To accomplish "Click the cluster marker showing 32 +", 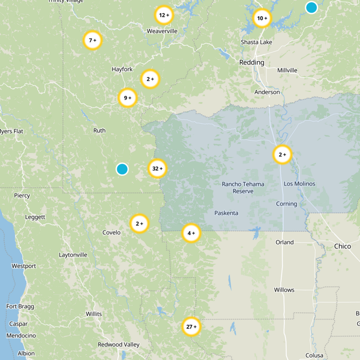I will point(157,169).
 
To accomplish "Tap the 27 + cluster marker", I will point(191,327).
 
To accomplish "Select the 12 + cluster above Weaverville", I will point(164,15).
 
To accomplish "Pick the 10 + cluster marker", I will point(262,18).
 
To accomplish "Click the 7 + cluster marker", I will point(93,40).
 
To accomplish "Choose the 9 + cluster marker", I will point(127,98).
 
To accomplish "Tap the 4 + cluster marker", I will point(191,233).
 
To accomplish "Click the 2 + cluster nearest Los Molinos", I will point(282,155).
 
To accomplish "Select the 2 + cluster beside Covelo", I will point(139,223).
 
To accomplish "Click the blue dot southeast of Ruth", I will point(122,169).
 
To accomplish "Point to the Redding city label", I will point(252,63).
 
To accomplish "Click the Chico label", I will point(342,246).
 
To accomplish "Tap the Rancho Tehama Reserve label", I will point(243,188).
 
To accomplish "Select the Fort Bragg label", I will point(18,306).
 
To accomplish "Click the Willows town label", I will point(284,290).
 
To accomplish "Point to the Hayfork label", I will point(122,69).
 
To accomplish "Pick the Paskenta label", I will point(226,213).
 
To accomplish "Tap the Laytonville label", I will point(73,255).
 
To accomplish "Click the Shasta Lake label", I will point(256,42).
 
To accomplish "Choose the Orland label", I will point(284,242).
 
